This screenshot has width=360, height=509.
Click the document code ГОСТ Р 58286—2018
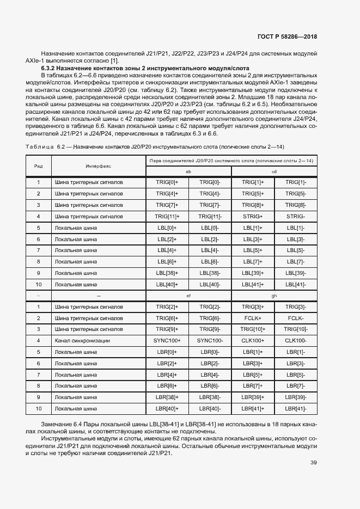click(287, 36)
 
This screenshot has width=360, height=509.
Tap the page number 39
click(314, 463)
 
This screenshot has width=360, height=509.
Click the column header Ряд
click(38, 165)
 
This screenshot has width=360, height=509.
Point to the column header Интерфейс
click(98, 165)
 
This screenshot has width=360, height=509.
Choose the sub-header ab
click(188, 171)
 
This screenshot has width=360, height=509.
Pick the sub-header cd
click(274, 171)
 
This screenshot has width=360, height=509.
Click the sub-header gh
click(274, 296)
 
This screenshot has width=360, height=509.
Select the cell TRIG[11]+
click(167, 216)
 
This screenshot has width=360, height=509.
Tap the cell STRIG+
click(253, 216)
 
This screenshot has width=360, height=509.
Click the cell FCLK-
click(296, 318)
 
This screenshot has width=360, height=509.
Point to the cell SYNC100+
click(167, 341)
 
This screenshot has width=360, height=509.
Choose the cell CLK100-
click(296, 341)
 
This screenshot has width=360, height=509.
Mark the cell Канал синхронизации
click(82, 341)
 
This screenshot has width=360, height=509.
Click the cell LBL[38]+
click(167, 273)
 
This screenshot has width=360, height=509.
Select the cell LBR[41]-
click(296, 408)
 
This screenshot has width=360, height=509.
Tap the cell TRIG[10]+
click(253, 329)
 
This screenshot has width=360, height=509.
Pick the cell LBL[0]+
click(167, 228)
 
